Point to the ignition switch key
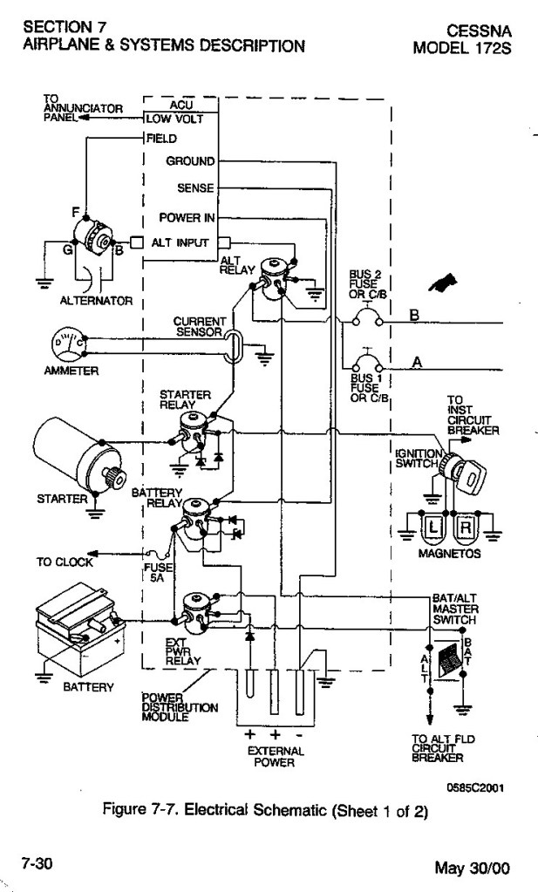pyautogui.click(x=469, y=475)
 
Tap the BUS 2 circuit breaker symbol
pyautogui.click(x=368, y=317)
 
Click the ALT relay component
pyautogui.click(x=274, y=276)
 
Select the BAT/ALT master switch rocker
pyautogui.click(x=449, y=660)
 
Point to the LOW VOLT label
pyautogui.click(x=174, y=119)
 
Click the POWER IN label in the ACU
pyautogui.click(x=187, y=218)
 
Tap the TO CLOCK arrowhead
pyautogui.click(x=92, y=554)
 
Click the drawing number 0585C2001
pyautogui.click(x=475, y=788)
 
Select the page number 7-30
pyautogui.click(x=37, y=863)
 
